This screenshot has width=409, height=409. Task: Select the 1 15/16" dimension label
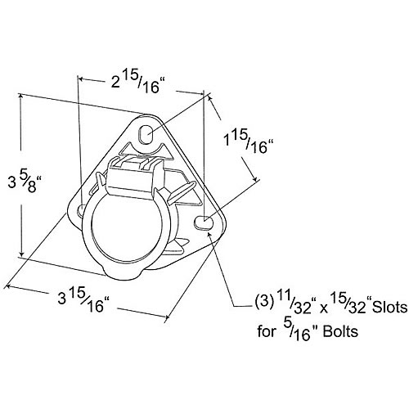248,144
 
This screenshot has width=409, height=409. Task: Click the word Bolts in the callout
340,331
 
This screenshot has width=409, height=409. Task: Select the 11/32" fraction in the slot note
297,305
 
